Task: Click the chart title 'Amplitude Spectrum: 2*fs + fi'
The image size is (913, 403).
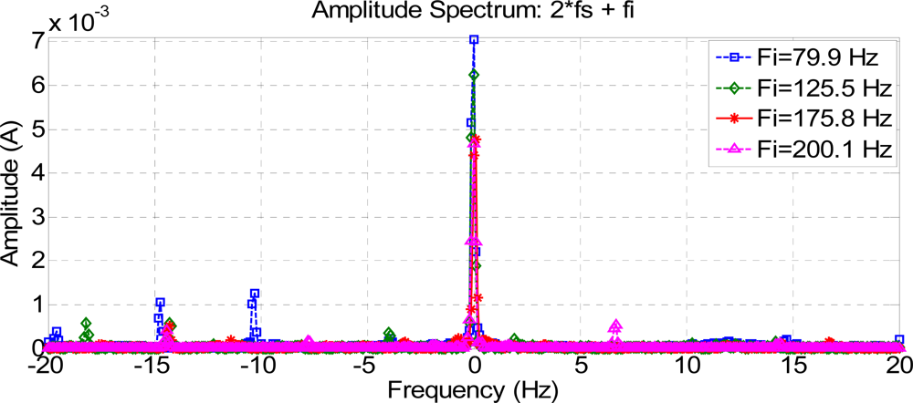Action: point(474,11)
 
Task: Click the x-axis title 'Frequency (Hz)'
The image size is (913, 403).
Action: point(473,390)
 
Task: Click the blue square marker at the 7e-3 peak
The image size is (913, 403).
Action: point(474,40)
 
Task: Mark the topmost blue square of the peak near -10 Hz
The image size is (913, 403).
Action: point(255,294)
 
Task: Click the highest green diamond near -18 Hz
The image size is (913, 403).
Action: point(87,324)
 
